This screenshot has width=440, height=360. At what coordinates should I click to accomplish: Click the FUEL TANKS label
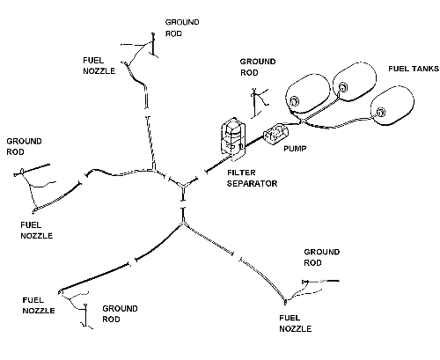414,69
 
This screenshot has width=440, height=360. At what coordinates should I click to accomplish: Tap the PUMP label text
295,149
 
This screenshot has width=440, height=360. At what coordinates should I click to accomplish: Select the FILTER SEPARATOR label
252,178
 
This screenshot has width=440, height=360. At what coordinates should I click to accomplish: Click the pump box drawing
275,134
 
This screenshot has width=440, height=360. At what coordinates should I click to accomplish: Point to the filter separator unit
233,138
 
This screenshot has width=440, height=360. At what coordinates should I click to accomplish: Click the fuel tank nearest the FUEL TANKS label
355,82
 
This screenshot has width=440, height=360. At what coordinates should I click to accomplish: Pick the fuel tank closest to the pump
308,94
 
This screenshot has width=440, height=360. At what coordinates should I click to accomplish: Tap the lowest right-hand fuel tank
392,106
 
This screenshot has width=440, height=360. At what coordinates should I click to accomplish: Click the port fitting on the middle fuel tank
342,87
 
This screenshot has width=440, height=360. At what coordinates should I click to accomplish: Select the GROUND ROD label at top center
182,28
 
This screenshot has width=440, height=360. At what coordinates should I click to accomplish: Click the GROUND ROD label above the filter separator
258,67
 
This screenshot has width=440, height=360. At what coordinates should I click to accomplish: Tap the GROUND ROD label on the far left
24,146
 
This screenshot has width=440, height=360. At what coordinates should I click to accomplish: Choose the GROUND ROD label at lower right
321,257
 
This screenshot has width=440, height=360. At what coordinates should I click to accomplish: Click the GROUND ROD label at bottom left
120,313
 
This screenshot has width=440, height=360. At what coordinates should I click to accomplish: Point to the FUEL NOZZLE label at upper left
99,65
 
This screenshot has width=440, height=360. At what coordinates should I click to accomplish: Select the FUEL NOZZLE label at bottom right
295,323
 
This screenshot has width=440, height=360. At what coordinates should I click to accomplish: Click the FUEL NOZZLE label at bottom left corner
39,305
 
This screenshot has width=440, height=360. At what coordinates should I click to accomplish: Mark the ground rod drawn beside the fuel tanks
257,103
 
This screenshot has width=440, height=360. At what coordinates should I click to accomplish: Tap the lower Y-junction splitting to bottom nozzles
183,223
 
